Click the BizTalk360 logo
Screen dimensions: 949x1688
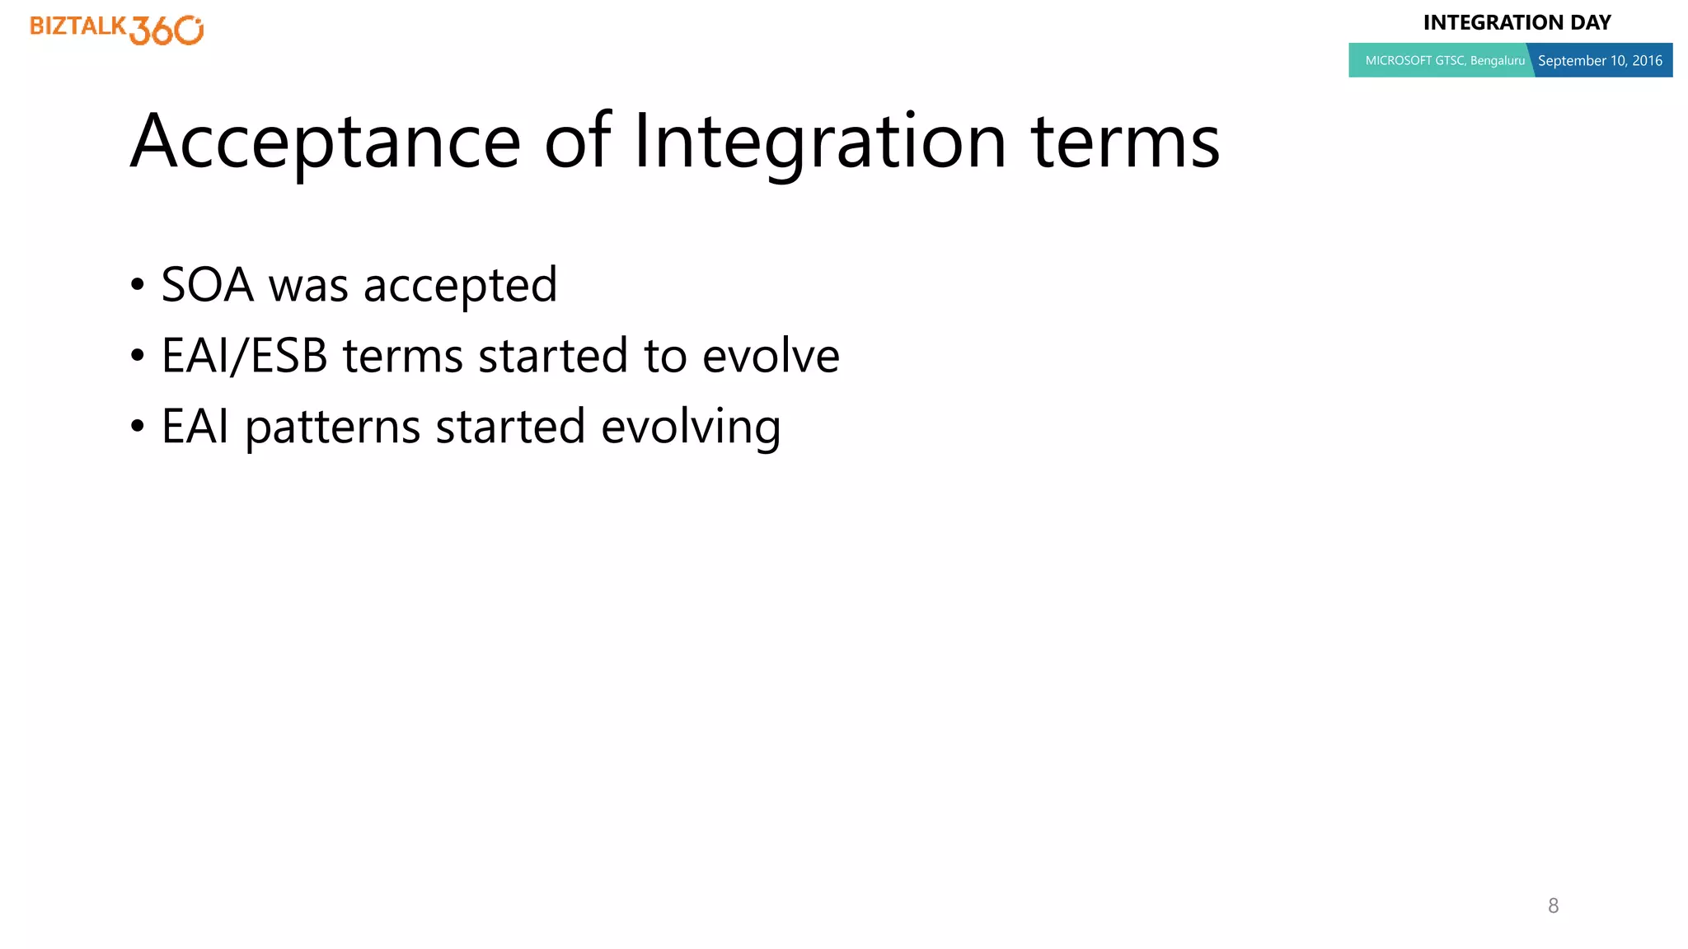pos(116,29)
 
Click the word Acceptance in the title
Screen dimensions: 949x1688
pos(326,142)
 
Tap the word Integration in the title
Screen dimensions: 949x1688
pos(819,142)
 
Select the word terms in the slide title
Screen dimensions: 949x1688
pos(1125,142)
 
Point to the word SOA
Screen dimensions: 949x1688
pos(208,285)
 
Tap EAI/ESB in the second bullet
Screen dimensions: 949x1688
pos(244,356)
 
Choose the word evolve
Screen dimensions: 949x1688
pos(771,356)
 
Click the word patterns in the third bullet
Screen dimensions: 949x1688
pos(333,428)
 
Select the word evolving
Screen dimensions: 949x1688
pos(691,428)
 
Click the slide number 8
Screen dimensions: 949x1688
pos(1553,905)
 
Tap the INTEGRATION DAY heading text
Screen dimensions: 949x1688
pos(1517,22)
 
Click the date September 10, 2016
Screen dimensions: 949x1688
pos(1600,60)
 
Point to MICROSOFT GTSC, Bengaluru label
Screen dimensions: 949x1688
pos(1444,60)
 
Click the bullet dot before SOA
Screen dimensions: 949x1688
pos(138,286)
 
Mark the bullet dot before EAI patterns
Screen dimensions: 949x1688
pos(138,428)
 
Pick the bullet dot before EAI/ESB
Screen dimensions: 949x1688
pos(138,357)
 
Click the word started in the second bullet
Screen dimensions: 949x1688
pos(552,356)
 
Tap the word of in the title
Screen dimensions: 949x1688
pos(577,142)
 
